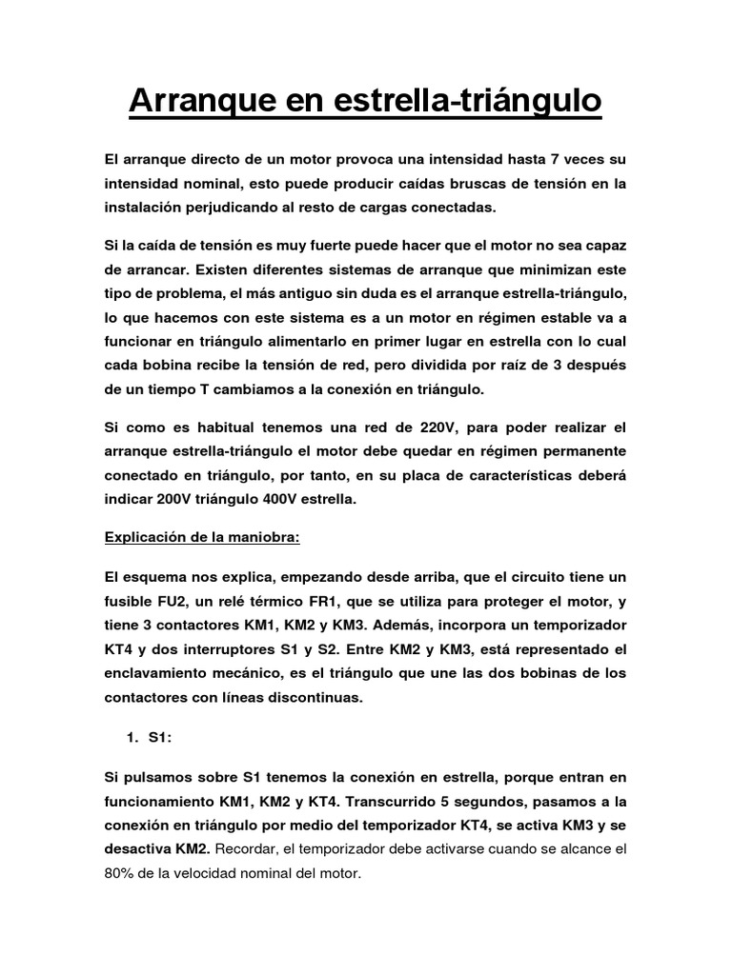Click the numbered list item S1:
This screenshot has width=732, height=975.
click(158, 737)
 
